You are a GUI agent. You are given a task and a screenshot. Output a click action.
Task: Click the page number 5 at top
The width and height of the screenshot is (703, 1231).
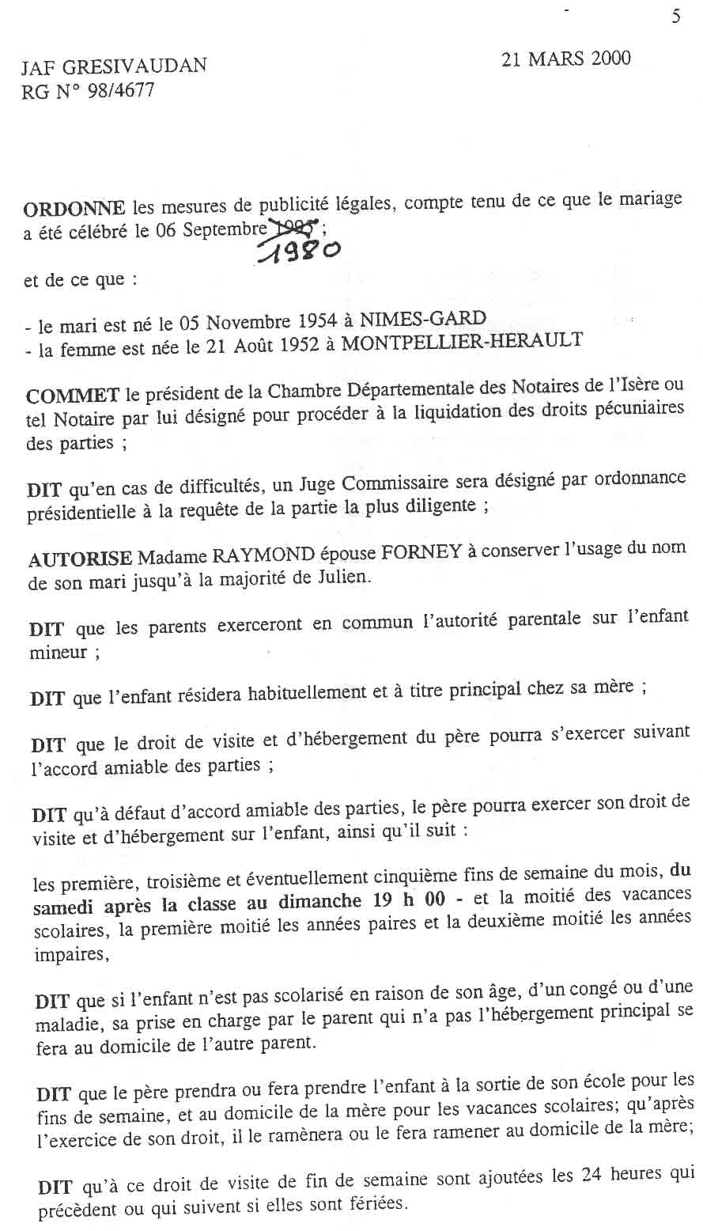click(x=675, y=17)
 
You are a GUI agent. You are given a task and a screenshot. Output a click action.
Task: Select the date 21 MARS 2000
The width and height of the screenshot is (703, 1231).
click(x=566, y=59)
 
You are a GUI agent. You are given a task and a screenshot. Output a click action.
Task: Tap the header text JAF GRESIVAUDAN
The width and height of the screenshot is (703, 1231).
click(x=114, y=66)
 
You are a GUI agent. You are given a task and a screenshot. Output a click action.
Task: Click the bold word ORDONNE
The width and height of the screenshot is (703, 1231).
click(x=74, y=209)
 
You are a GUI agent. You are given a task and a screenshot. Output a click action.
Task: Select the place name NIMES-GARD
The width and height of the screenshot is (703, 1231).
click(x=423, y=319)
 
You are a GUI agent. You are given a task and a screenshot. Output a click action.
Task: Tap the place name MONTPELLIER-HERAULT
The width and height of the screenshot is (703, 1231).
click(x=463, y=340)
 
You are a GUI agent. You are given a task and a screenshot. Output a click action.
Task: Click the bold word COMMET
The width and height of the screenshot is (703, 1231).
click(x=73, y=395)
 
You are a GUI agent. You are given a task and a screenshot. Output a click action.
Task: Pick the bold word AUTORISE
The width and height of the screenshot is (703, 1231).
click(x=80, y=559)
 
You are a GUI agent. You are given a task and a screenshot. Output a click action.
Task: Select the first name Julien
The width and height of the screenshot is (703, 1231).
click(x=347, y=575)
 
